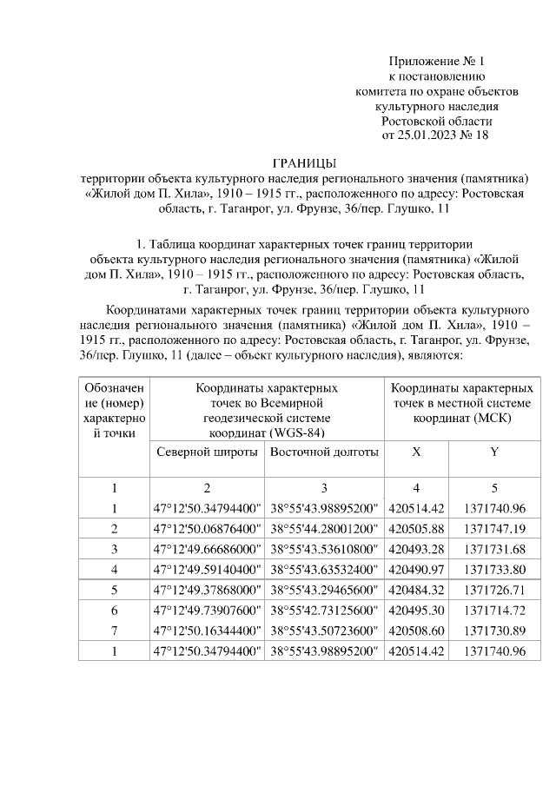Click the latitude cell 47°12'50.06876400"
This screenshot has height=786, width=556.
click(x=207, y=528)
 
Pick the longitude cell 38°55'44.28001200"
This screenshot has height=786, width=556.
click(x=324, y=528)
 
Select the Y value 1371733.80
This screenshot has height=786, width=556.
click(x=494, y=568)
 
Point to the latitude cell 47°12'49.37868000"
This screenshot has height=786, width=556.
click(x=207, y=589)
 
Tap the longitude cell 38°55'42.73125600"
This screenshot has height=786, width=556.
click(x=324, y=610)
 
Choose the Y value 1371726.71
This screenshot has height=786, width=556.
click(x=494, y=589)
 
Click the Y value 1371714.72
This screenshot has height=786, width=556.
click(x=494, y=610)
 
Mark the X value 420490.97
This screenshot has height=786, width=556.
click(x=415, y=568)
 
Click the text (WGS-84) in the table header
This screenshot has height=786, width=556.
click(x=298, y=432)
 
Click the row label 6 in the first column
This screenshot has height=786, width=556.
click(x=114, y=610)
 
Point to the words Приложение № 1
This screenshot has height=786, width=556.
click(x=435, y=62)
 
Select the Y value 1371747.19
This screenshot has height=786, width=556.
click(x=494, y=528)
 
